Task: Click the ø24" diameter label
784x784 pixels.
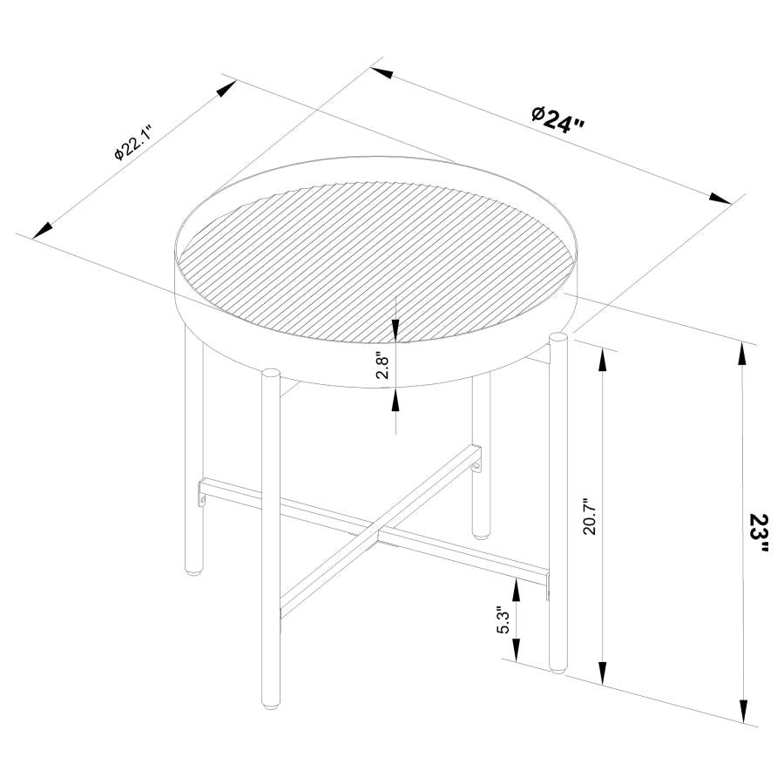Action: click(558, 120)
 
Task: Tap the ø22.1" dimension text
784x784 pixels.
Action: click(132, 142)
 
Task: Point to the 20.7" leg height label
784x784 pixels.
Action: click(590, 516)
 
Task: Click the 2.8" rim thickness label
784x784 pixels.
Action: click(382, 368)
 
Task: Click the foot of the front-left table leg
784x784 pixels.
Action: click(271, 705)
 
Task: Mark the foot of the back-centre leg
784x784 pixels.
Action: click(481, 535)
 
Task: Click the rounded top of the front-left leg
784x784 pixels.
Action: click(271, 374)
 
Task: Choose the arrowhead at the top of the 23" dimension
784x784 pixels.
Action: click(743, 356)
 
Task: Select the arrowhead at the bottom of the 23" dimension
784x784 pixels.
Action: click(745, 709)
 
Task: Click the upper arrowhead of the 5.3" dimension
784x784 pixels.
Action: click(516, 590)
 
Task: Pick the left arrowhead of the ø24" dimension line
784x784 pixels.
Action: click(382, 72)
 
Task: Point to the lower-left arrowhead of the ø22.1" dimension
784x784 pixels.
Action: click(43, 231)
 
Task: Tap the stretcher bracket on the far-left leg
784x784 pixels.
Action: click(201, 493)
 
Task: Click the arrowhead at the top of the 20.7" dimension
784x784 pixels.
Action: click(602, 361)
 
